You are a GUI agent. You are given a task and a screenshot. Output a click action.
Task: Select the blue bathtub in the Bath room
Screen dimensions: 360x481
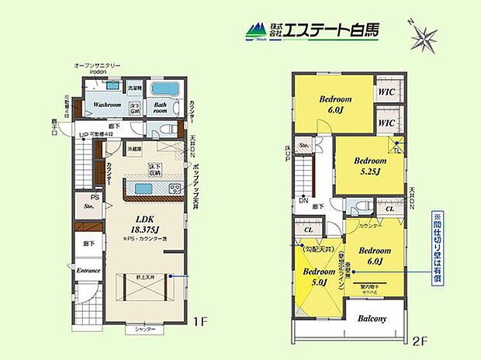164,88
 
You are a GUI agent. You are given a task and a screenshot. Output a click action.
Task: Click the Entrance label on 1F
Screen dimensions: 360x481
88,270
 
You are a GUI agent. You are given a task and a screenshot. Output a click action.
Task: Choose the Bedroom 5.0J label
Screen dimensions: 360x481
317,276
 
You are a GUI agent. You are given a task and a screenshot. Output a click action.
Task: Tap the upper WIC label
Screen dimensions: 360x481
386,92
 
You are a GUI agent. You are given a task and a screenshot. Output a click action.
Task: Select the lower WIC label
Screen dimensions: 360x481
386,123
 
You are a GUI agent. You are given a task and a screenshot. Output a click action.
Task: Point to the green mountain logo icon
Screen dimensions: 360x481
255,32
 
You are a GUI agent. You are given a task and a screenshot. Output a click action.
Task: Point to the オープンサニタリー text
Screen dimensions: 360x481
99,65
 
